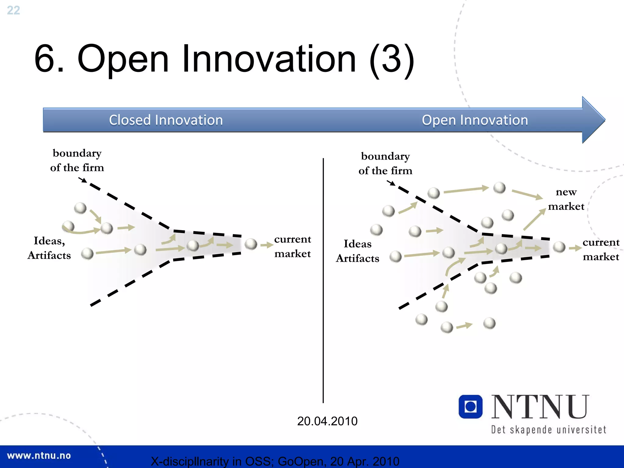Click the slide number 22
click(x=13, y=10)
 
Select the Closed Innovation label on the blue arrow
click(x=166, y=120)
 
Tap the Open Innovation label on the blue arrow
click(x=474, y=120)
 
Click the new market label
click(x=566, y=199)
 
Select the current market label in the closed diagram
click(x=292, y=246)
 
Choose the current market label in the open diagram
click(x=601, y=249)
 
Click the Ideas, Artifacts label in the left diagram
click(x=49, y=248)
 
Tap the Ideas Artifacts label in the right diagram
click(x=357, y=251)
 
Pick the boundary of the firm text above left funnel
click(x=77, y=160)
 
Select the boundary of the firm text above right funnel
click(x=385, y=163)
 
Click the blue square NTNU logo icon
click(x=470, y=406)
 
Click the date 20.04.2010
click(x=327, y=421)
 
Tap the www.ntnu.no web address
click(x=39, y=456)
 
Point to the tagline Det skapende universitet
click(x=548, y=430)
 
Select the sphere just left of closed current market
click(x=251, y=244)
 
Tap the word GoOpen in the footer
click(x=300, y=461)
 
